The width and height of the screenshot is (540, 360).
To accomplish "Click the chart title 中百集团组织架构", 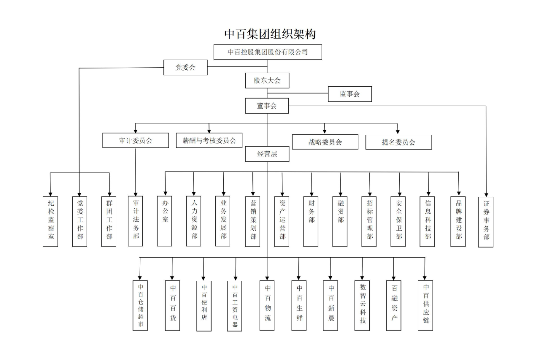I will pyautogui.click(x=270, y=34).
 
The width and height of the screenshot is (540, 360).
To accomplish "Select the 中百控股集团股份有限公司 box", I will pyautogui.click(x=268, y=52).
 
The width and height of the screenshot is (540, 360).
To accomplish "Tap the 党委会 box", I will pyautogui.click(x=185, y=67).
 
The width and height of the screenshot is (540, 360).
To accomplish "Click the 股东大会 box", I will pyautogui.click(x=267, y=80).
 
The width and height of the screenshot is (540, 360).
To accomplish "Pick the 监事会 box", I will pyautogui.click(x=350, y=94).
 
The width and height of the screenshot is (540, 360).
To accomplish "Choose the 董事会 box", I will pyautogui.click(x=267, y=106).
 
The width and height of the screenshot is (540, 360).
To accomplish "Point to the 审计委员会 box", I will pyautogui.click(x=136, y=140).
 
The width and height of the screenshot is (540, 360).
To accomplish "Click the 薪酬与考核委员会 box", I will pyautogui.click(x=209, y=140).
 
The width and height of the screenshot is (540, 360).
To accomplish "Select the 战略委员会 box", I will pyautogui.click(x=325, y=142).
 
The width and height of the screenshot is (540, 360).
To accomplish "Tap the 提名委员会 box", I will pyautogui.click(x=399, y=142).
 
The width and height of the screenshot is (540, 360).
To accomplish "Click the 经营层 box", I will pyautogui.click(x=267, y=154).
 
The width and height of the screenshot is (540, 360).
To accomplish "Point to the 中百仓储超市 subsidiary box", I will pyautogui.click(x=140, y=305).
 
